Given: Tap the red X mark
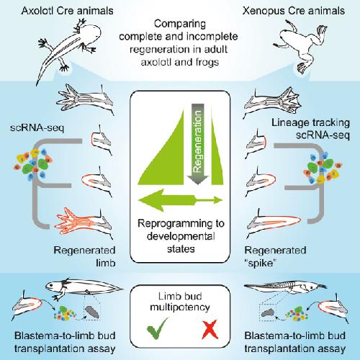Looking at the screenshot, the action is coord(210,330).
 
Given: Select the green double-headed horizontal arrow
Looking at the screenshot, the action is coord(181,200).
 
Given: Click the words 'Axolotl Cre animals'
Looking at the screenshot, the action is coord(67,11).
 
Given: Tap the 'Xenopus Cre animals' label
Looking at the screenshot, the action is coord(294,11).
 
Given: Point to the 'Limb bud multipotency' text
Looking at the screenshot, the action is coord(180,302).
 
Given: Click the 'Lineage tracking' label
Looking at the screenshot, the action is coord(310,122).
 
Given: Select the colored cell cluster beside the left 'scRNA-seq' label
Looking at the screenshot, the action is coord(34,163).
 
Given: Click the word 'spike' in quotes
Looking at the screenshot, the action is coord(260,264).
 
